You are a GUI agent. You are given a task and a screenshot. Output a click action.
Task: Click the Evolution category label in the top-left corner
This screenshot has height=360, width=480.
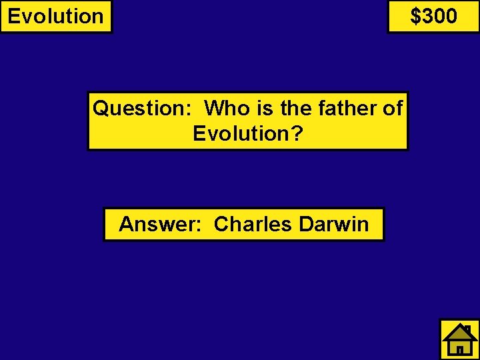tap(56, 16)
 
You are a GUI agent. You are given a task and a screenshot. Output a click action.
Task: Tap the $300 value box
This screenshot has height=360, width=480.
tap(433, 16)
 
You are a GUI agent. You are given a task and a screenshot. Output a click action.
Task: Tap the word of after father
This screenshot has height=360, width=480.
tap(393, 108)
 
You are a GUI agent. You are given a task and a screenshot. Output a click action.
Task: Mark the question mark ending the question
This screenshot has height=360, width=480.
tap(297, 133)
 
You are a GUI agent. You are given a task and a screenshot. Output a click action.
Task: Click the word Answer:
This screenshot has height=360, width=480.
tap(161, 224)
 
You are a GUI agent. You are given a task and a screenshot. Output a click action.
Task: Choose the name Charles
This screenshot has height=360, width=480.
tap(253, 224)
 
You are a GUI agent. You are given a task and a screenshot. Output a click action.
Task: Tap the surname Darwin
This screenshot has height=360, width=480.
tap(333, 224)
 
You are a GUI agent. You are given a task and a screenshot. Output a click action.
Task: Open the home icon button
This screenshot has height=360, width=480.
tap(459, 339)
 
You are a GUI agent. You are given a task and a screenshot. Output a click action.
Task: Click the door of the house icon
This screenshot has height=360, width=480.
tap(459, 348)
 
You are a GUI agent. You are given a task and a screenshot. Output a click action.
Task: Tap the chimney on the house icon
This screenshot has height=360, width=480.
tap(468, 329)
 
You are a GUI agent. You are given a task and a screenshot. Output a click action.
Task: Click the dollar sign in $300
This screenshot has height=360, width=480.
tap(415, 16)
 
